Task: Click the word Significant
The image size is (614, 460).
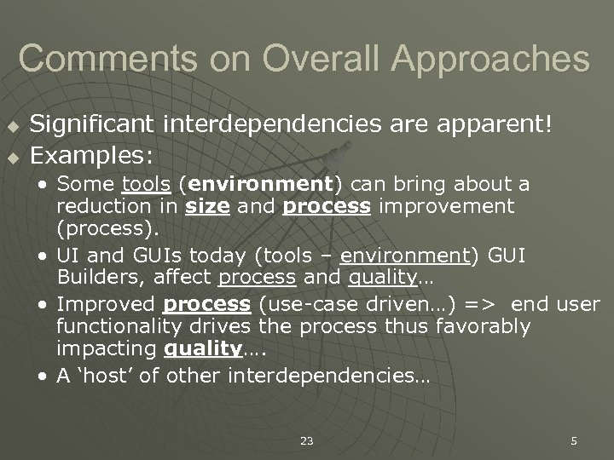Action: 92,125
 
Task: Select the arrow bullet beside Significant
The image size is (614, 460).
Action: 12,126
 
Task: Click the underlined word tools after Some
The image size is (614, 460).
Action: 141,184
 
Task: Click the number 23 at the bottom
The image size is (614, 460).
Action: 306,440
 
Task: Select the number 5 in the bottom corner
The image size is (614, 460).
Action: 573,440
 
